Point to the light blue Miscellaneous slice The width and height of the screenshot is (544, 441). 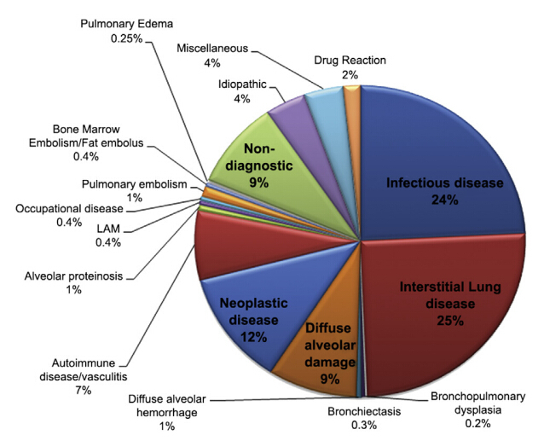[330, 111]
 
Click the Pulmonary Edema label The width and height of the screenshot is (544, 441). [127, 24]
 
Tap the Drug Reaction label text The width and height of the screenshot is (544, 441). [350, 61]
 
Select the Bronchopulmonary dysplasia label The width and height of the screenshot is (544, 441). [477, 403]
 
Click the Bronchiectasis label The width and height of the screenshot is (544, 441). [364, 411]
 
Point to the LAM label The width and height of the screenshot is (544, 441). [108, 229]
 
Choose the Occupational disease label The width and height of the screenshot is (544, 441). [69, 209]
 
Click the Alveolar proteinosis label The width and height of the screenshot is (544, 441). [73, 276]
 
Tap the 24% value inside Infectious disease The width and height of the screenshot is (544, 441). [445, 200]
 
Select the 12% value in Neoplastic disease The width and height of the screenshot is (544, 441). [254, 337]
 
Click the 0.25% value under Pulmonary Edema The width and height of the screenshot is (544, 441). [127, 38]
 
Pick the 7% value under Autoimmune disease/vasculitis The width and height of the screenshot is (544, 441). [84, 391]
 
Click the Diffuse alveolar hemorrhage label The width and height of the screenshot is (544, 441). [167, 406]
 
